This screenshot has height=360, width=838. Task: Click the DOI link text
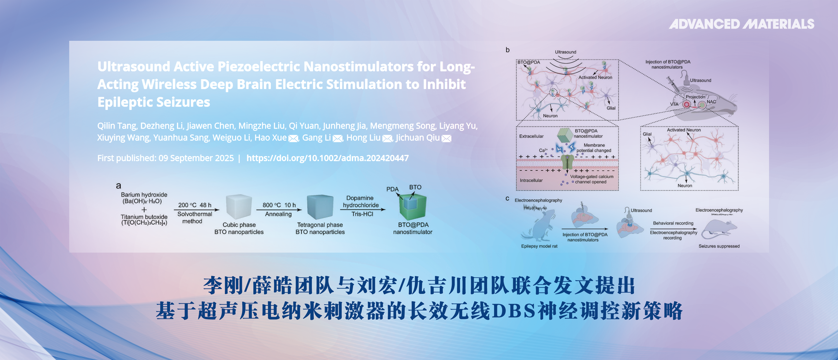coord(327,158)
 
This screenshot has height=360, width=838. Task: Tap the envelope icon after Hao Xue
coord(294,139)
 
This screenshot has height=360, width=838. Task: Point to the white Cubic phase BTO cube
coord(239,207)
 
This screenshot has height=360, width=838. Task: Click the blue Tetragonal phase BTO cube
coord(320,207)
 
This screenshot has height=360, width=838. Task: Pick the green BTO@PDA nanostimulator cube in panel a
coord(412,207)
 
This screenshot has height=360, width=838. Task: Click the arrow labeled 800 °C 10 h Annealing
coord(279,210)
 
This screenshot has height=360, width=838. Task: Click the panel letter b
coord(507,50)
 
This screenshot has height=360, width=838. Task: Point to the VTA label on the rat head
coord(674,104)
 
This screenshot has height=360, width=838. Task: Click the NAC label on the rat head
coord(711,102)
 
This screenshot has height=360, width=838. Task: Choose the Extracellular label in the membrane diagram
coord(531,136)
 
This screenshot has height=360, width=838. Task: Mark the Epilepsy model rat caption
coord(539,246)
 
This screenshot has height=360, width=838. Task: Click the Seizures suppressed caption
coord(719,246)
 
